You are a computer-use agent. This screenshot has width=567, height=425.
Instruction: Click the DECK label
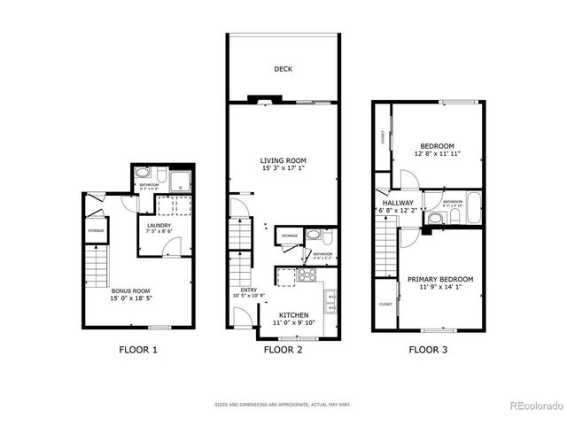(x=283, y=69)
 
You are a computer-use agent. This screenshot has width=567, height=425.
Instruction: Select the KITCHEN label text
(x=293, y=314)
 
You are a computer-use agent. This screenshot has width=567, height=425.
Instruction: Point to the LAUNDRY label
(x=159, y=227)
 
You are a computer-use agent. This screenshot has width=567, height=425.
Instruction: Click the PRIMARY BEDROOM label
(x=439, y=280)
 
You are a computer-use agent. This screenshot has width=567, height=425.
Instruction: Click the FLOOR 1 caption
(x=138, y=350)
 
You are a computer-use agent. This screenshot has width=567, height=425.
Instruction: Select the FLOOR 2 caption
(x=283, y=350)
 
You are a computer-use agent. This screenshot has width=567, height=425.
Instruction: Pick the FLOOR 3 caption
(x=428, y=350)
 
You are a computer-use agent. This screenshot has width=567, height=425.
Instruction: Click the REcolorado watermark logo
(x=536, y=406)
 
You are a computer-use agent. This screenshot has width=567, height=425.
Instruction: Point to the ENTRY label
(x=248, y=290)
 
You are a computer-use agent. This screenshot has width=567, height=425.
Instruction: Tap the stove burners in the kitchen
(x=307, y=274)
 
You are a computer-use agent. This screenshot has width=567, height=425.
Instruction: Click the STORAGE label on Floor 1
(x=96, y=231)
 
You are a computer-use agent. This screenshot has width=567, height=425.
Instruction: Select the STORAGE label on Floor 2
(x=290, y=236)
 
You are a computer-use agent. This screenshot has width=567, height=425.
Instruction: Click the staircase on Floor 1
(x=95, y=263)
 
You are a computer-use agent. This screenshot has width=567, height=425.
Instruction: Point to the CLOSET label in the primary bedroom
(x=385, y=304)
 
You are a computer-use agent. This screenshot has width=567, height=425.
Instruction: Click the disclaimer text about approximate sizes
(x=283, y=405)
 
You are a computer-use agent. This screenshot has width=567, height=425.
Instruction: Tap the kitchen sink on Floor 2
(x=330, y=301)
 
